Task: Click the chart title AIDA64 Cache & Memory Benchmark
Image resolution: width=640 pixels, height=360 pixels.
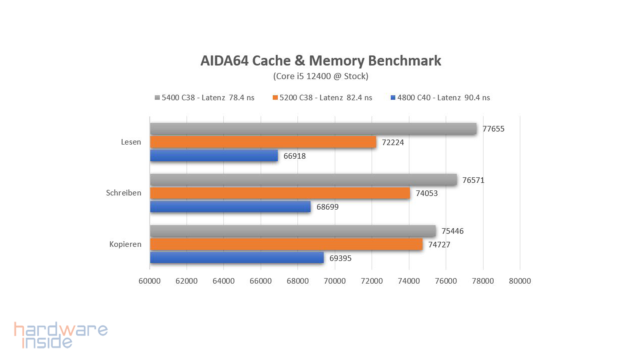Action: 321,61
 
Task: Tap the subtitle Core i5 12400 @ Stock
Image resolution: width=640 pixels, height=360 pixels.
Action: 321,76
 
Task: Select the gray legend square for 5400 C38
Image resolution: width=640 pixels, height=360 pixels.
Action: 157,98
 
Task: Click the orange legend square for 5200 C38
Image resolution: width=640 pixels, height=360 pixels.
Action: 275,98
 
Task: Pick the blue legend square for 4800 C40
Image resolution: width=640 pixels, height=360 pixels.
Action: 393,98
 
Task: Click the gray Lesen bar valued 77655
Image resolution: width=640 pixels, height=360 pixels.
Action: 313,129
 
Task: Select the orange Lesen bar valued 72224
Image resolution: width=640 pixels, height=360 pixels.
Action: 263,142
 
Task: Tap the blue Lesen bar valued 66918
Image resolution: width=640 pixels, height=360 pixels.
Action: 214,156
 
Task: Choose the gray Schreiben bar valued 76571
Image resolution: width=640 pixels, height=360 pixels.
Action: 303,180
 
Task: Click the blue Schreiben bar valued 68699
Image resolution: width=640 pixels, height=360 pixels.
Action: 230,207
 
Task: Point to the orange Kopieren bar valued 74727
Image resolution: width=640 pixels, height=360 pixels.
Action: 286,244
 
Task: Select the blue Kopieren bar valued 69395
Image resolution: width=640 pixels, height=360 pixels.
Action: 237,258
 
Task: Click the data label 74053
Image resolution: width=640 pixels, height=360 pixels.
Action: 427,193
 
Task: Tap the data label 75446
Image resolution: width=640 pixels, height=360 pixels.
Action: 452,231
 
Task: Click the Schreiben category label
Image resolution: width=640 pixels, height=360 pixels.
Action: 124,193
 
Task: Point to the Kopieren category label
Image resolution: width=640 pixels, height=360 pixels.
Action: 125,244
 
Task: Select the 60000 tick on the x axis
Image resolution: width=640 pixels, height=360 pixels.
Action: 150,281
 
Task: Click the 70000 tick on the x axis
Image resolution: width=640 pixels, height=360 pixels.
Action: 335,281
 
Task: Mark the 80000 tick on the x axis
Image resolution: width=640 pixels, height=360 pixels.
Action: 520,281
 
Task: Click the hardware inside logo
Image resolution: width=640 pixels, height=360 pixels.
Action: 61,335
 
